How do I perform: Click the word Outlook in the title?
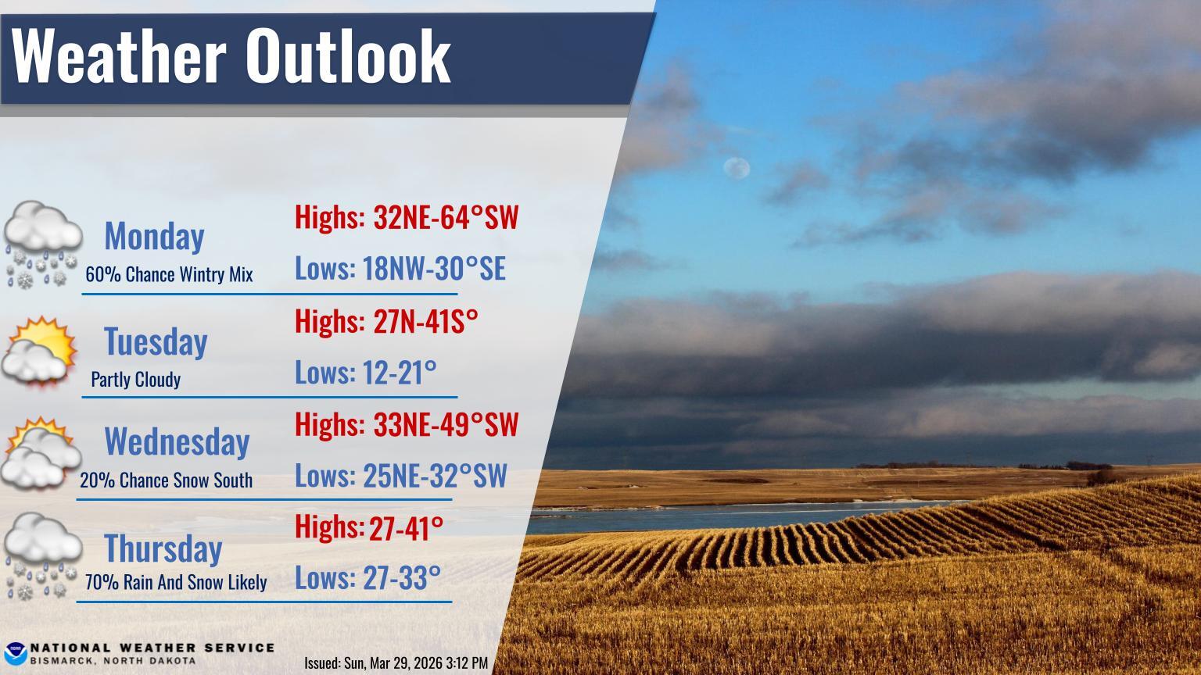click(348, 55)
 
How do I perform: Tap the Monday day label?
click(154, 236)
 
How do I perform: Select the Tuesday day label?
click(156, 341)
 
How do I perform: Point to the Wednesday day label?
click(177, 442)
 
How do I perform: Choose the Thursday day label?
click(163, 548)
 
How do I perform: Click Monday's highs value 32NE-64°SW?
click(446, 217)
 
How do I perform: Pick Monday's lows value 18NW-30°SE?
click(434, 269)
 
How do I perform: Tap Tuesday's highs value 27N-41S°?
click(425, 321)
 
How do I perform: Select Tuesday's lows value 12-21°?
click(400, 373)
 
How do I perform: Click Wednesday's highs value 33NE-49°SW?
click(446, 425)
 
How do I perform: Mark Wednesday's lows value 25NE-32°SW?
click(435, 475)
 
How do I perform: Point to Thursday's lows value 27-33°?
click(402, 578)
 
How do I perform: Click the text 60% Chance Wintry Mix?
click(169, 275)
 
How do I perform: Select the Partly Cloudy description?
click(135, 380)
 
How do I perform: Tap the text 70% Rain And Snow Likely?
click(176, 582)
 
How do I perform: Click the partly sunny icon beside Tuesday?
click(38, 351)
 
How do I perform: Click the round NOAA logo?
click(15, 654)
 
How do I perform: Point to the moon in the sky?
click(737, 168)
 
